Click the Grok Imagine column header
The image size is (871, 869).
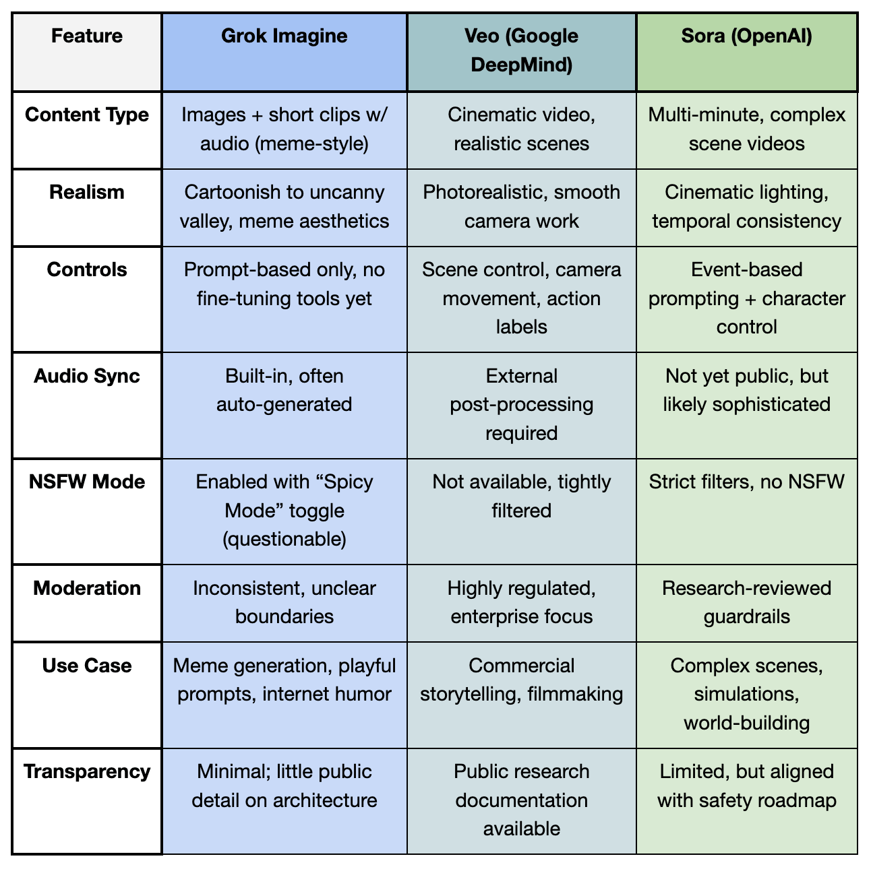[284, 36]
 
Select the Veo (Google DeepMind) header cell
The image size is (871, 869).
[521, 51]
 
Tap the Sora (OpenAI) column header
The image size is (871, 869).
[746, 36]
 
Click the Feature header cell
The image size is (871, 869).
[87, 36]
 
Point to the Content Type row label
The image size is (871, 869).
[87, 115]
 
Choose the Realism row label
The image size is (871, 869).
[87, 192]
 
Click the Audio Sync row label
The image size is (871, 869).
[87, 376]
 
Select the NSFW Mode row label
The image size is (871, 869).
[87, 482]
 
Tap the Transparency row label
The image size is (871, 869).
[87, 771]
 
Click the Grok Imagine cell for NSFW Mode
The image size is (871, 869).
[284, 511]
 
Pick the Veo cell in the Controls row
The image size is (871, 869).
[521, 298]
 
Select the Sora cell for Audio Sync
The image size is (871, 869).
[746, 390]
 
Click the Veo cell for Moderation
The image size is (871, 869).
[521, 602]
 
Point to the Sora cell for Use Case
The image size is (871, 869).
[746, 694]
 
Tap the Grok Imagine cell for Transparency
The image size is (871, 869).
[284, 785]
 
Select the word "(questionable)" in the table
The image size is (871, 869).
[284, 539]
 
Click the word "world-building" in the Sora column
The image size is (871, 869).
[746, 723]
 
